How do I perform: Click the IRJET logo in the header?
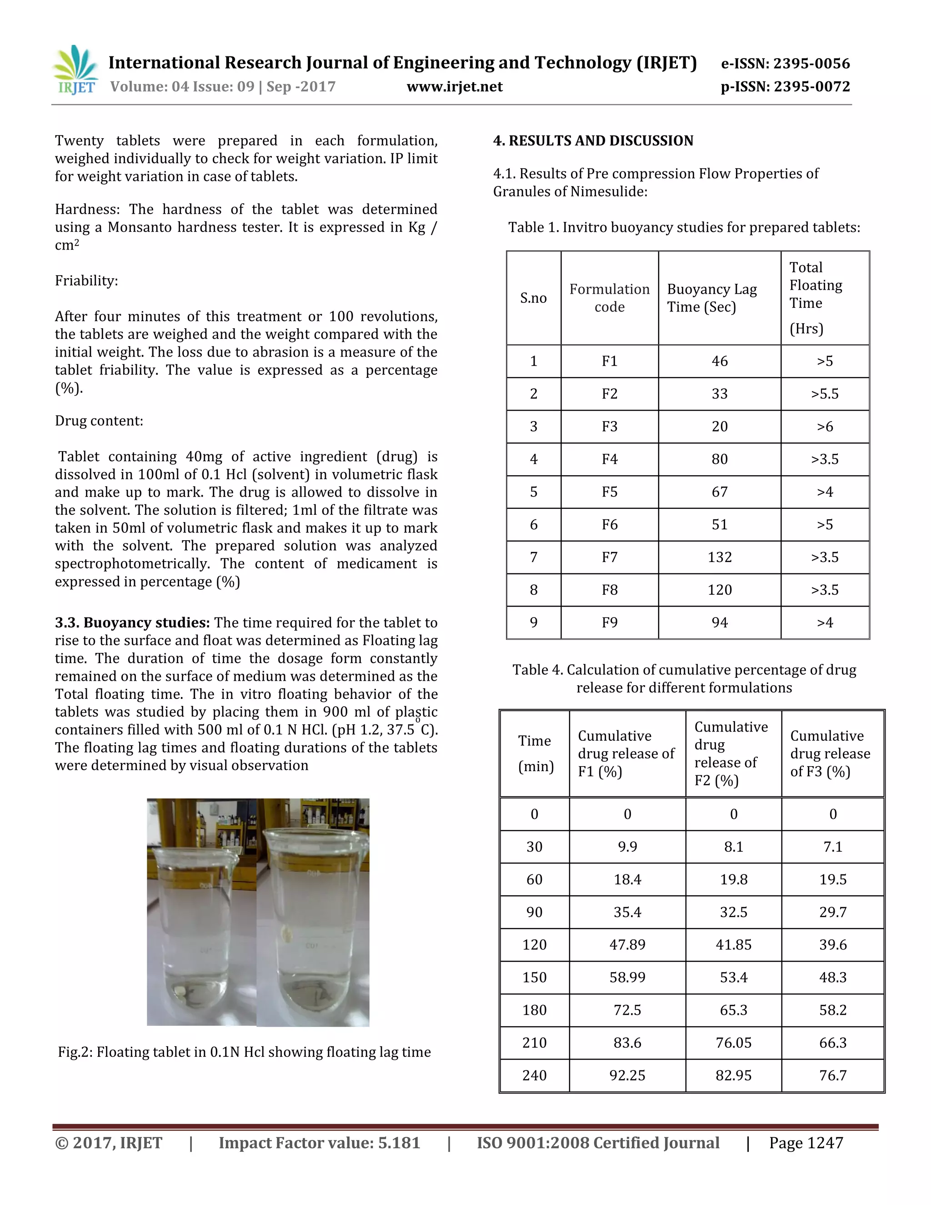coord(76,70)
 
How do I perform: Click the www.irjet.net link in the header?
coord(455,86)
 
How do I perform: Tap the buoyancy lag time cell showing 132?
coord(719,557)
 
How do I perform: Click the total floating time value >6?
coord(825,427)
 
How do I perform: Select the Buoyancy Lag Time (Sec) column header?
coord(711,298)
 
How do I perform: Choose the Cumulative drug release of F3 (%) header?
coord(830,753)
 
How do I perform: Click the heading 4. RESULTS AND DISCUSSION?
coord(593,141)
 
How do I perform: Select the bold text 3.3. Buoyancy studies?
coord(132,623)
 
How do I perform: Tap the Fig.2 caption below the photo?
coord(244,1052)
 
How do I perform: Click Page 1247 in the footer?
coord(806,1143)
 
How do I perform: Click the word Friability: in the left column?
coord(86,281)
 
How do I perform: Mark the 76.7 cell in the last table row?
coord(832,1075)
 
